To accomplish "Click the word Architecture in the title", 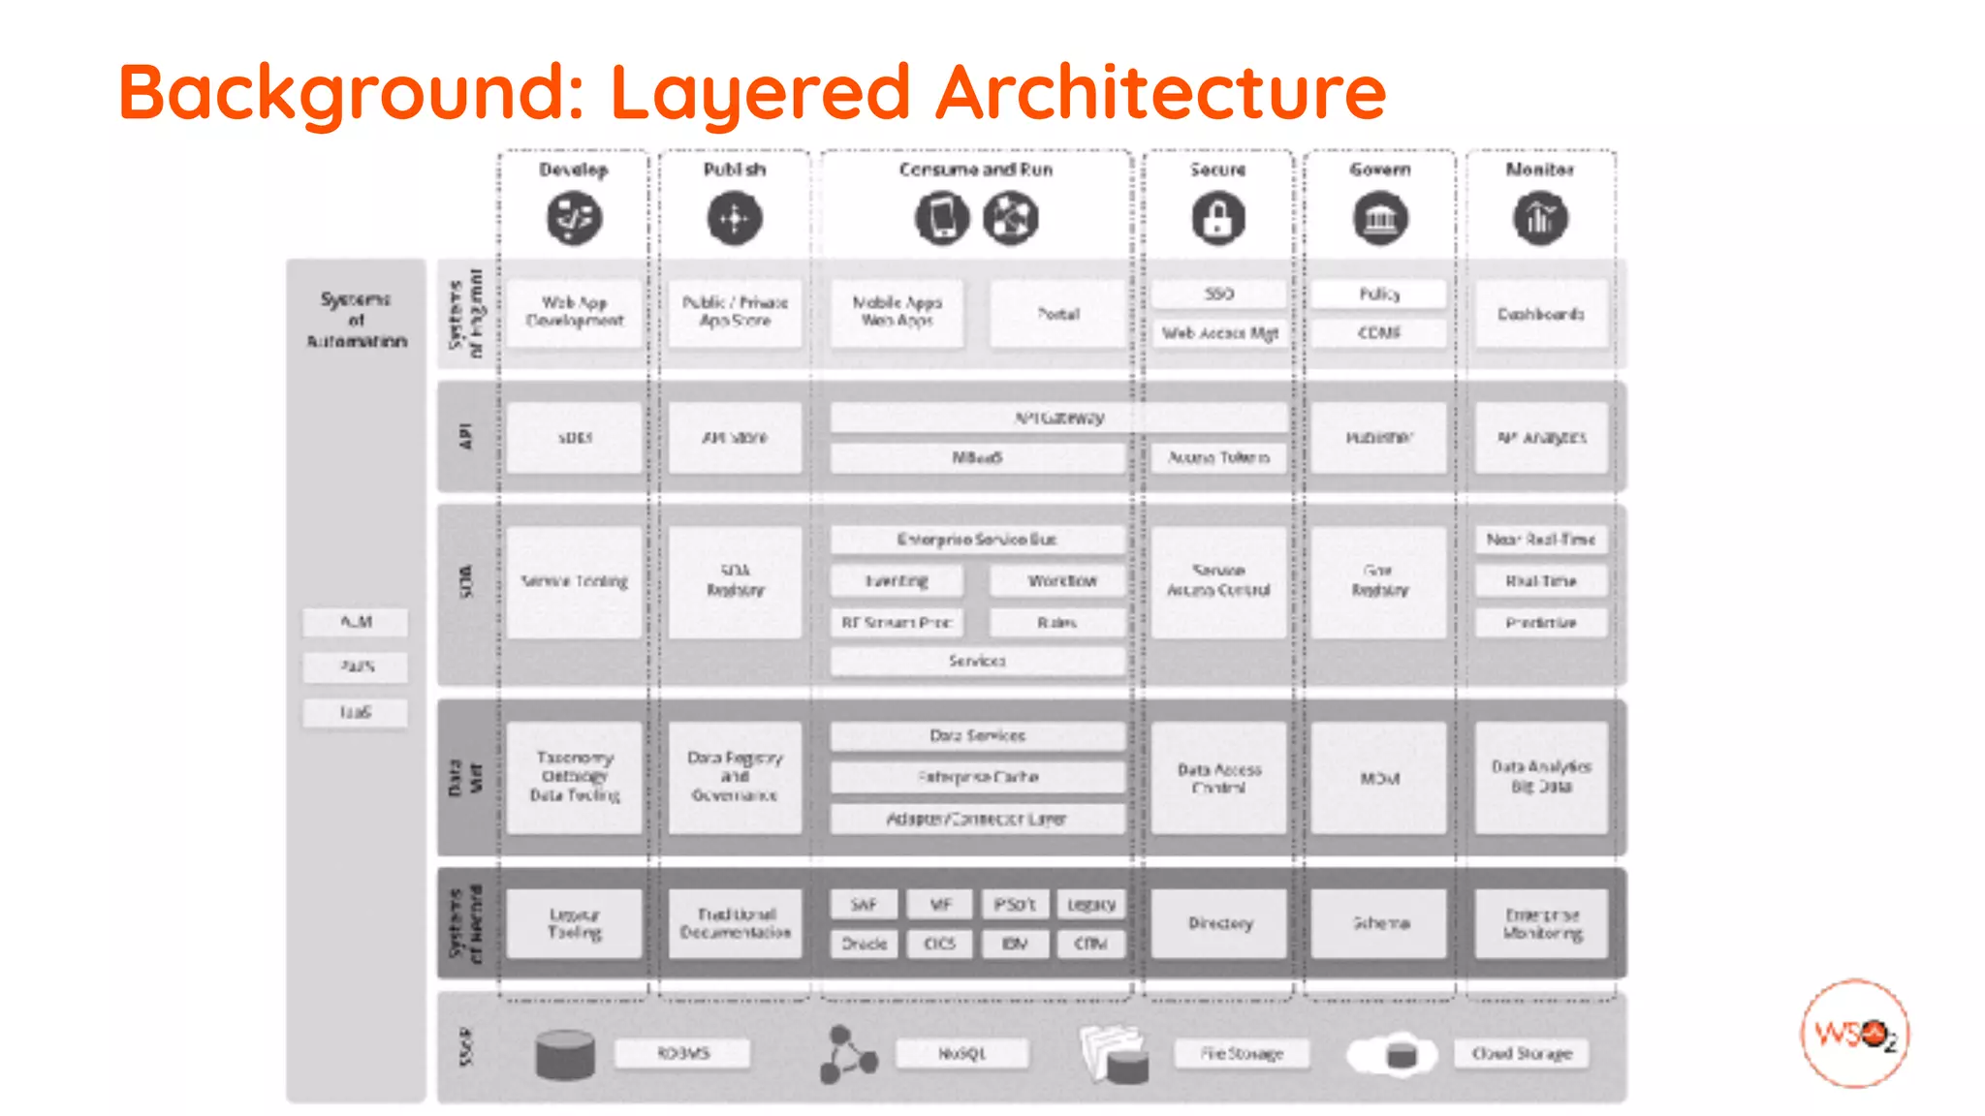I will pos(1160,92).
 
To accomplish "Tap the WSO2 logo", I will pos(1854,1033).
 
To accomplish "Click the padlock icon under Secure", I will pos(1218,218).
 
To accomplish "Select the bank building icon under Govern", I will pos(1380,218).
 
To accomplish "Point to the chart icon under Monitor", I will pos(1540,218).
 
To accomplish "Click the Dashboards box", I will pos(1540,314).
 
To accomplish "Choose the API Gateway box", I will pos(1058,418).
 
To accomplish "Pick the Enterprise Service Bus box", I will pos(977,540).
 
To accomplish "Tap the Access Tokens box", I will pos(1218,457).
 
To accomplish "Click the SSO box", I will pos(1218,294).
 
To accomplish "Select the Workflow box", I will pos(1058,581).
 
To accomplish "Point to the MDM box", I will pos(1379,778).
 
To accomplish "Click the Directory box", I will pos(1219,923).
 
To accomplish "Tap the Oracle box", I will pos(864,944).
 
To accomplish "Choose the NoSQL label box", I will pos(961,1053).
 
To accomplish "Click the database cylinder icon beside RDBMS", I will pos(565,1055).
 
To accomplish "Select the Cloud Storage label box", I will pos(1521,1053).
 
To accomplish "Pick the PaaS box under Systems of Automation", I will pos(356,666).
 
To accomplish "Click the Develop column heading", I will pos(574,170).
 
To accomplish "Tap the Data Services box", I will pos(977,735).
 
